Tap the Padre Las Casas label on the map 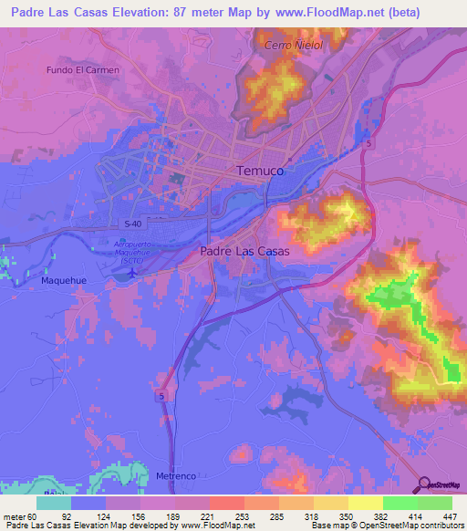coord(238,251)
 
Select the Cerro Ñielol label coord(294,45)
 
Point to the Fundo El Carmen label coord(83,69)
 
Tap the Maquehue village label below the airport coord(63,281)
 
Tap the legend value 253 coord(226,515)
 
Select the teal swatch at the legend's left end coord(53,503)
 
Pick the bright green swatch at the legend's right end coord(434,503)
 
